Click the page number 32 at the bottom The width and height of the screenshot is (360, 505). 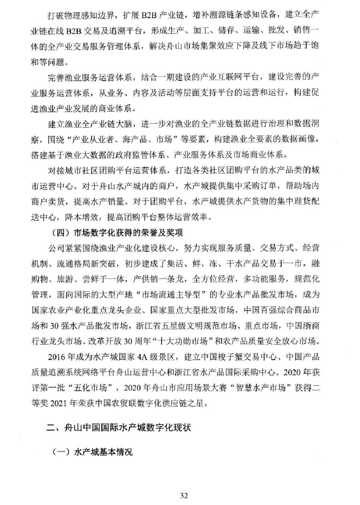(185, 495)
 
